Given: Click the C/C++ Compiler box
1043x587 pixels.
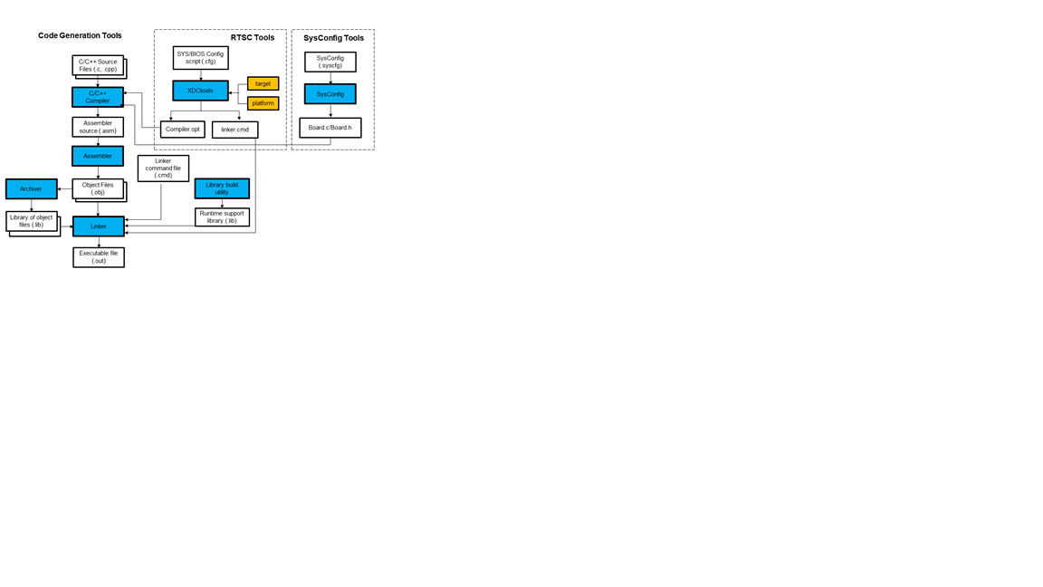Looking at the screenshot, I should [x=98, y=97].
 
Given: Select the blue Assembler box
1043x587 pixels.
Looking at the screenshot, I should [x=98, y=156].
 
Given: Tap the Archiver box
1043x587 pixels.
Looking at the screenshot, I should [x=32, y=188].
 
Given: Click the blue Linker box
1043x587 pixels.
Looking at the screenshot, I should [x=99, y=226].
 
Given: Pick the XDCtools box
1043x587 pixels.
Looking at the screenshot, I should [x=200, y=91].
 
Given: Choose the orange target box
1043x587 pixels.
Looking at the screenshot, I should [x=263, y=83].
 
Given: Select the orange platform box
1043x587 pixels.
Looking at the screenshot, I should [x=263, y=103].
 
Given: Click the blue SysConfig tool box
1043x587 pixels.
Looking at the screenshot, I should [x=330, y=94].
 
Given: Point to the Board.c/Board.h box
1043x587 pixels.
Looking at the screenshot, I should [x=330, y=128].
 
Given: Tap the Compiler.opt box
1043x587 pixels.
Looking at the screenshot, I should [x=183, y=130].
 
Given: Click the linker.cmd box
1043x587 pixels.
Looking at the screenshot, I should [x=235, y=130].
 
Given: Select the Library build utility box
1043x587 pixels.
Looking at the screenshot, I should [x=222, y=188].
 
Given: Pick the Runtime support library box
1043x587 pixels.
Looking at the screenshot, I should [x=222, y=217].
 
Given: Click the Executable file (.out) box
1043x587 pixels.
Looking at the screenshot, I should [x=99, y=257].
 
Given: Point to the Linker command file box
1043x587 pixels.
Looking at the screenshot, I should [x=163, y=168].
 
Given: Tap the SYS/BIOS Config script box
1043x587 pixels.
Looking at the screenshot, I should [x=201, y=58].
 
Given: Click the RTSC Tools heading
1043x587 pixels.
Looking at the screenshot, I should [x=253, y=38].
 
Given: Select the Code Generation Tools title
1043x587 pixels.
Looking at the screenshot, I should [x=80, y=35].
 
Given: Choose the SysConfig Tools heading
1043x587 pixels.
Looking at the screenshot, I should [x=333, y=38].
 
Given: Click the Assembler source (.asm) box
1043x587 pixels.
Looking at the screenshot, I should [x=98, y=127].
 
